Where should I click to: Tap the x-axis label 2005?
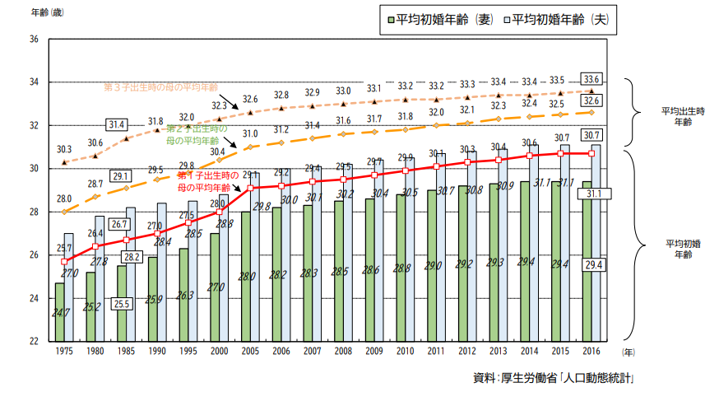(250, 352)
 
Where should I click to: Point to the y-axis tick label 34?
(34, 82)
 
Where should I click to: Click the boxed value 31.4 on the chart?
(116, 125)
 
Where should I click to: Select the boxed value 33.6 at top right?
(591, 80)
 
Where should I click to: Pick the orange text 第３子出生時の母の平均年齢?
(160, 86)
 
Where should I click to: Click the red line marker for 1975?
(64, 261)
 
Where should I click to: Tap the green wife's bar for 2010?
(401, 268)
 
